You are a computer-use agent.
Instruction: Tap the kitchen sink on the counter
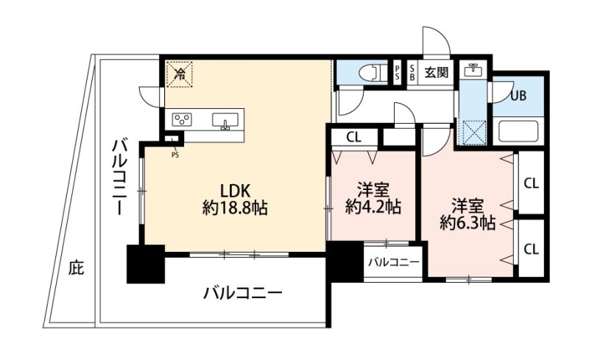tap(226, 120)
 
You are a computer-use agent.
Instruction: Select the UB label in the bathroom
tap(520, 95)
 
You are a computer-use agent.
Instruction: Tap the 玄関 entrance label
tap(437, 73)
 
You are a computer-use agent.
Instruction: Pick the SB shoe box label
tap(412, 73)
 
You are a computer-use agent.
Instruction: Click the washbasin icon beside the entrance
tap(472, 71)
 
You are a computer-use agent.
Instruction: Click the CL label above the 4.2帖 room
tap(353, 136)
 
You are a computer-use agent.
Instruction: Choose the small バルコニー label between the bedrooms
tap(393, 262)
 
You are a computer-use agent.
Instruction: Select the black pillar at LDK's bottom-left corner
tap(145, 264)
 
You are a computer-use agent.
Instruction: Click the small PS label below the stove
tap(174, 154)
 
